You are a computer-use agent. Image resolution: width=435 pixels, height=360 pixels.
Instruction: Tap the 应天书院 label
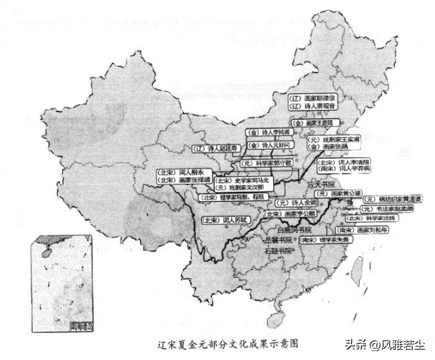[324, 184]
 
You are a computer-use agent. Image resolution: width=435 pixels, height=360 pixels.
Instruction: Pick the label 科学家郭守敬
[264, 164]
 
